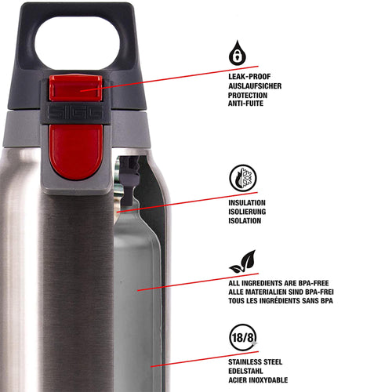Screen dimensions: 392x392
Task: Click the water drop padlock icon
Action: pos(238,53)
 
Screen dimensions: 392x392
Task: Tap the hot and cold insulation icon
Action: pos(243,178)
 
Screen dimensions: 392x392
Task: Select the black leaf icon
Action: pos(243,262)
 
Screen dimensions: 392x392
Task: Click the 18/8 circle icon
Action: pos(243,337)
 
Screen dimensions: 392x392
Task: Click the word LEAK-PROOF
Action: pos(249,77)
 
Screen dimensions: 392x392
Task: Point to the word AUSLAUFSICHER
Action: pos(255,86)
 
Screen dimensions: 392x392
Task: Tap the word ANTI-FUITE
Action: pos(245,103)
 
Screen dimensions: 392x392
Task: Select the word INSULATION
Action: pos(247,203)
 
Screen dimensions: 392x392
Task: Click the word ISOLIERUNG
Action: pos(247,212)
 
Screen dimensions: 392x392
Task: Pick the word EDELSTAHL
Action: pos(245,371)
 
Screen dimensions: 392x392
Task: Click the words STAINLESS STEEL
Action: pos(256,362)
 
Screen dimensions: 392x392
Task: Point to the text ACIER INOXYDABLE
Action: pos(258,380)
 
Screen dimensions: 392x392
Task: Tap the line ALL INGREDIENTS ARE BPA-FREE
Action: pos(278,283)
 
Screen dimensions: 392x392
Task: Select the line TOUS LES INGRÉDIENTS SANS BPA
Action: pos(281,301)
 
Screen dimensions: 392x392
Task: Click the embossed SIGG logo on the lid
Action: pos(75,113)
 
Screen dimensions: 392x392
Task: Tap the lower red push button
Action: pos(76,151)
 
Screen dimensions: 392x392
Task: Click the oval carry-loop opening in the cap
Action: pos(77,43)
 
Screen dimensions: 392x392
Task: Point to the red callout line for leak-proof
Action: pos(169,78)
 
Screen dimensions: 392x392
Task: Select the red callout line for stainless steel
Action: pos(205,359)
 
